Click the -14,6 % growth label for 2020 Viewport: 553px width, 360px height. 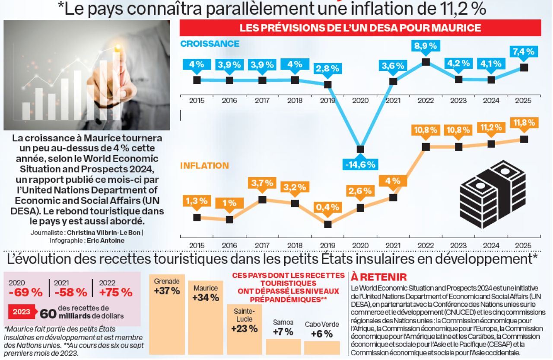point(360,165)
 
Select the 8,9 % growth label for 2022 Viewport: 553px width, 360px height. point(426,45)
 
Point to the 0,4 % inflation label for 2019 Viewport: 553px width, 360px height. point(327,207)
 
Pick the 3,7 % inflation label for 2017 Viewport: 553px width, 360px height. point(262,183)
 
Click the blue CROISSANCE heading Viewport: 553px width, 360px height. point(210,44)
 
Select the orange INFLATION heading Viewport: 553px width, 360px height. point(204,166)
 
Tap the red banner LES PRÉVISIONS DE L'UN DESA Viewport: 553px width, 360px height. point(360,28)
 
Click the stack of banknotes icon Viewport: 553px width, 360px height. point(493,194)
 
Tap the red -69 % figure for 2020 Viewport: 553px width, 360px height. point(25,292)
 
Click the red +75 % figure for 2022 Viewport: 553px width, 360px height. point(115,292)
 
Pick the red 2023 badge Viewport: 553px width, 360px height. point(22,312)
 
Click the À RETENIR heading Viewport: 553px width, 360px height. point(378,277)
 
